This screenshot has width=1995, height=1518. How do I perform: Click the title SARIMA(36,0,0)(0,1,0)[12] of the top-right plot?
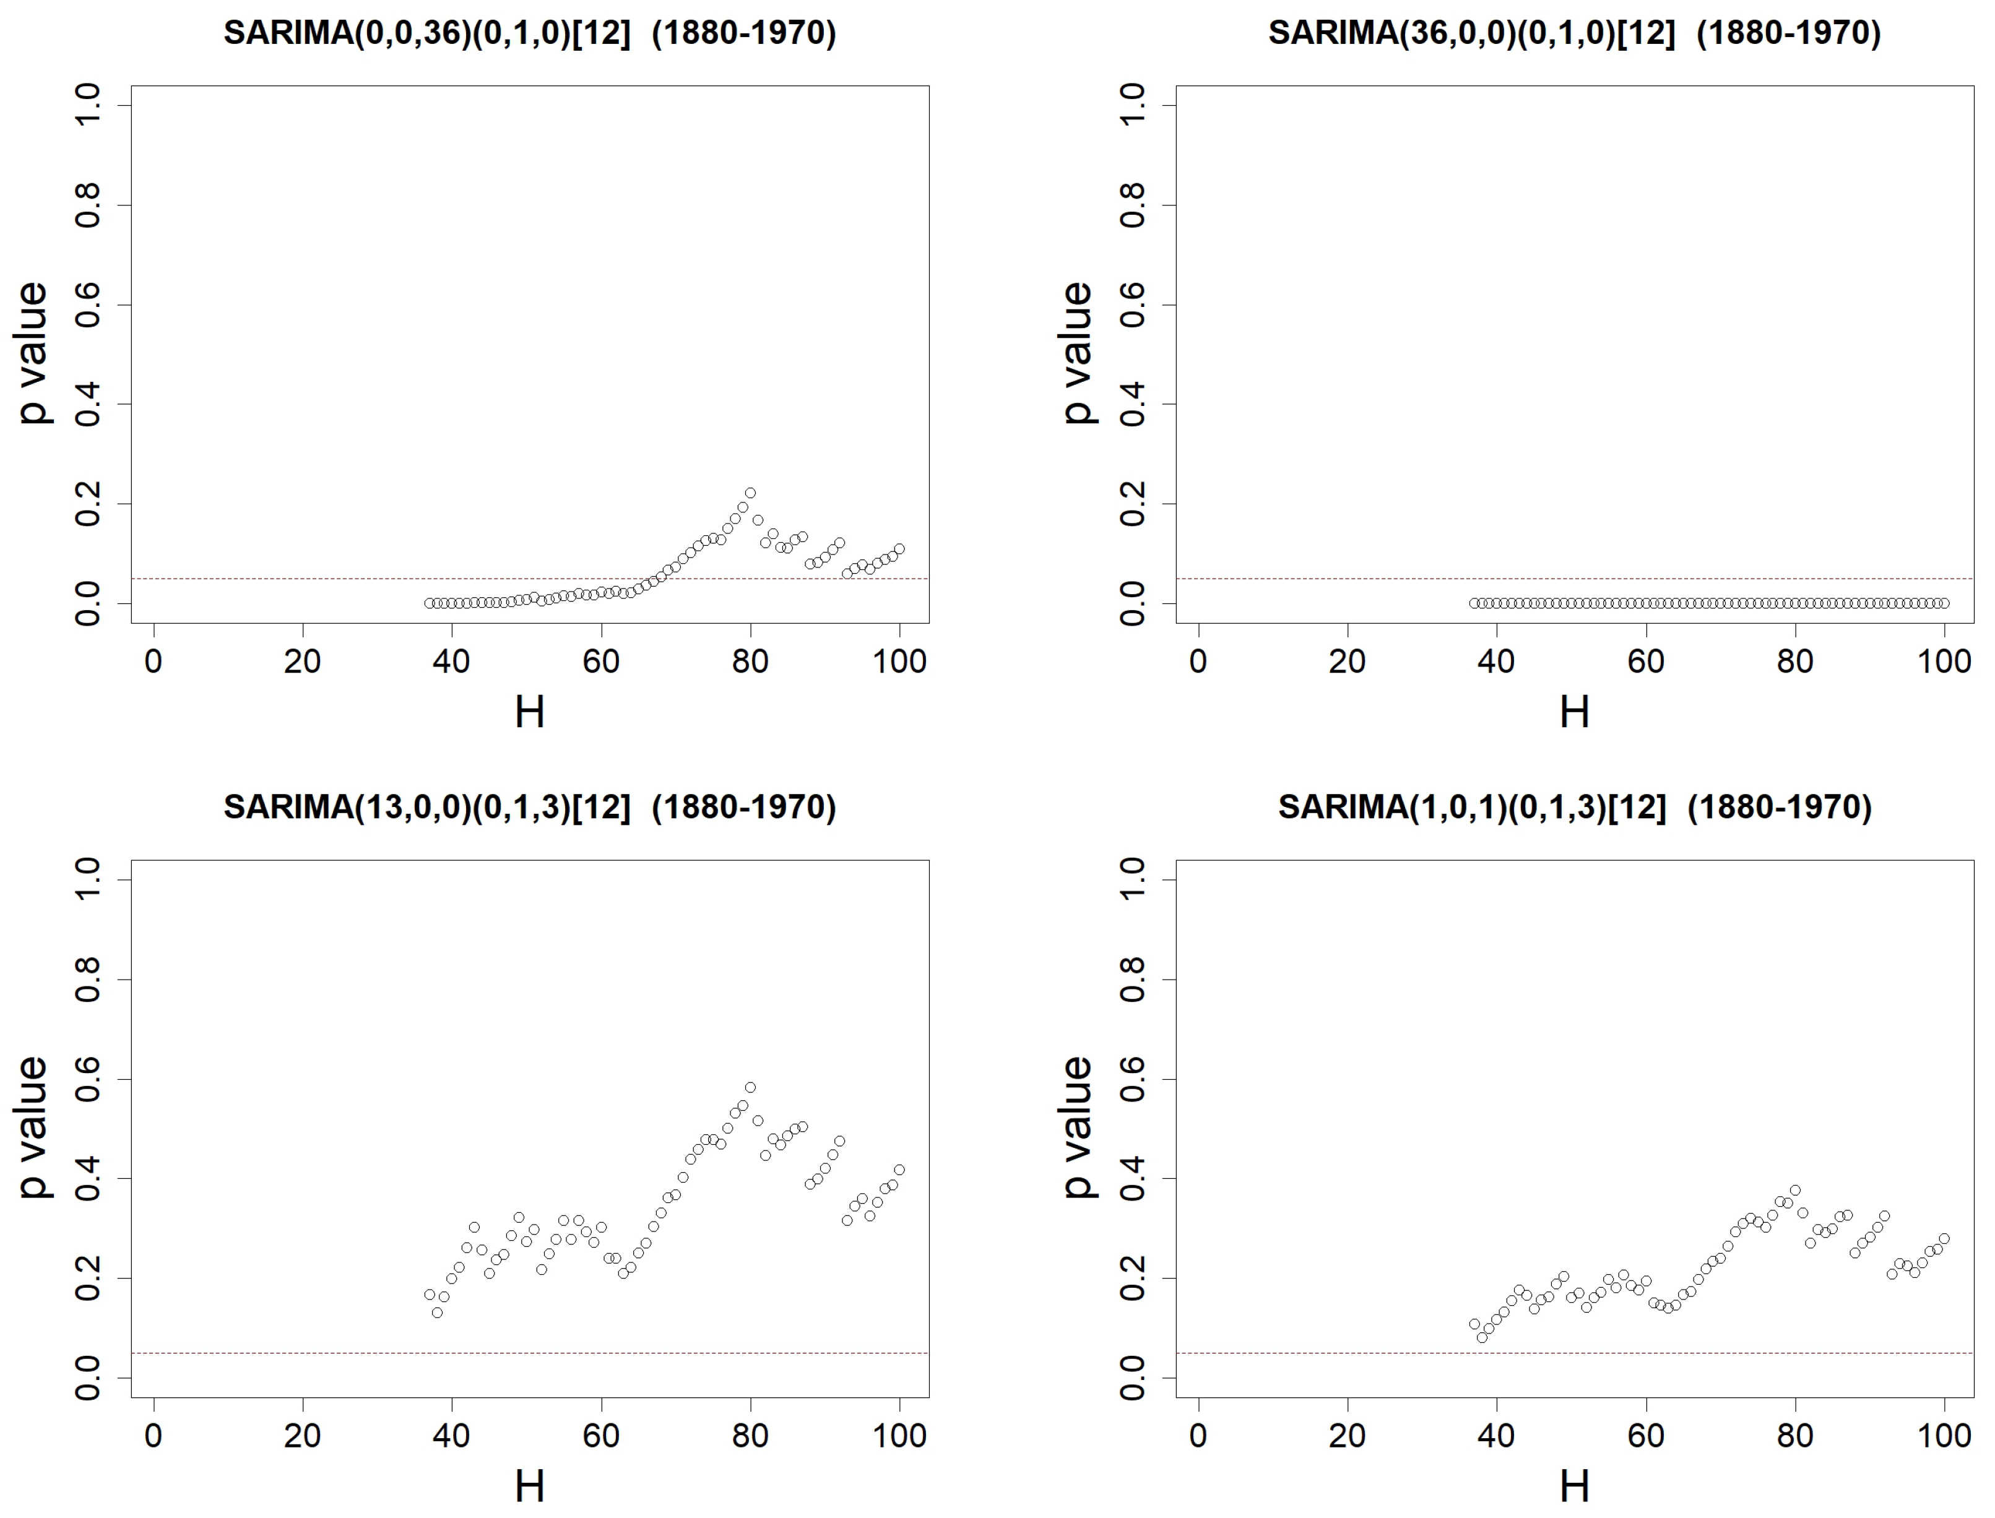1574,33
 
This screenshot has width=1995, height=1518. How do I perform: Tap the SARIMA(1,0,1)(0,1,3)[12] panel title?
1574,807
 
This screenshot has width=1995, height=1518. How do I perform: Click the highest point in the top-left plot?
750,493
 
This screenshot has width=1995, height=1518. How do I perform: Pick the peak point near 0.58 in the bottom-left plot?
750,1087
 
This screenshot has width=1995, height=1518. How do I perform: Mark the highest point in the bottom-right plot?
1795,1190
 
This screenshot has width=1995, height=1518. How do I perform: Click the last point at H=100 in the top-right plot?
1944,603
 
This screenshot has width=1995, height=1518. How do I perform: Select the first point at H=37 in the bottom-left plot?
429,1295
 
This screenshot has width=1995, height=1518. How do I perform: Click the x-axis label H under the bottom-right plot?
1574,1486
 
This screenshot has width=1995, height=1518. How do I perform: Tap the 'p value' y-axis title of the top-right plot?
1078,352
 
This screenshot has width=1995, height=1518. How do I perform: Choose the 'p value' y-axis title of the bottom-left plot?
33,1127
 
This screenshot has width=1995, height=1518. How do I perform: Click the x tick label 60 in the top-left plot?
601,662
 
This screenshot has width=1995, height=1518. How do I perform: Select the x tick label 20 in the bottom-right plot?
1347,1436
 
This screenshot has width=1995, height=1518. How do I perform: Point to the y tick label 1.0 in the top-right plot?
1132,106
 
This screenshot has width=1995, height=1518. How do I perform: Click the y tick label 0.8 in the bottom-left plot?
88,980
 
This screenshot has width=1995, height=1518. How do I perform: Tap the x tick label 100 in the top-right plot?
1944,662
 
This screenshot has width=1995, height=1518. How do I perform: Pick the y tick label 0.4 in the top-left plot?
88,404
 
